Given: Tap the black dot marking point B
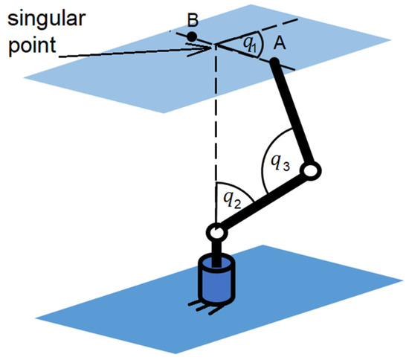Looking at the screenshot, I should [191, 36].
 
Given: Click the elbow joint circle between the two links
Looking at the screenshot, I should [312, 172].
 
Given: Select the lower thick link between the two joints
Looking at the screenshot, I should [263, 202].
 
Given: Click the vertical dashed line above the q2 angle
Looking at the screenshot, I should [215, 119].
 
